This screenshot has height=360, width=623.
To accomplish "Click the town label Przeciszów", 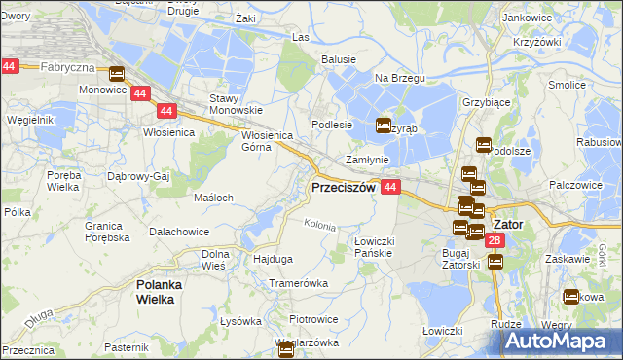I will pyautogui.click(x=343, y=187).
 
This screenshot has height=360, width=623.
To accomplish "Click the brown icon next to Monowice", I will pyautogui.click(x=118, y=74).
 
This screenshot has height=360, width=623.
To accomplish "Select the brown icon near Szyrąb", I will pyautogui.click(x=384, y=126).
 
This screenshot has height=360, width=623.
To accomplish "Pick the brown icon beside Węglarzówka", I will pyautogui.click(x=286, y=352).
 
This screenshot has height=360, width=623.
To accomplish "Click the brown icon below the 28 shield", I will pyautogui.click(x=495, y=262).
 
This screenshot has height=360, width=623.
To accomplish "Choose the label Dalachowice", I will pyautogui.click(x=180, y=233).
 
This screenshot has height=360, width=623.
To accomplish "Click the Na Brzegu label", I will pyautogui.click(x=395, y=77).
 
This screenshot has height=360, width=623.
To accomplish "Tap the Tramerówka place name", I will pyautogui.click(x=299, y=283).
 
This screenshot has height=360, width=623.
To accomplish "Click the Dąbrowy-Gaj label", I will pyautogui.click(x=139, y=177).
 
